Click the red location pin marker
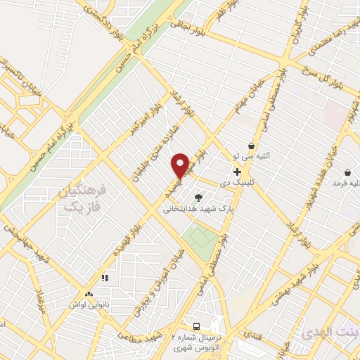click(180, 165)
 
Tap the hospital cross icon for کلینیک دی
click(237, 172)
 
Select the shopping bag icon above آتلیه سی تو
click(251, 146)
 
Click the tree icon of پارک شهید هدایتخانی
click(198, 198)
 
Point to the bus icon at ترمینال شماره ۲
click(197, 327)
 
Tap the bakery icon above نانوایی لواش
click(89, 295)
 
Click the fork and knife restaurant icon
click(105, 278)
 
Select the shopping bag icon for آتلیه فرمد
click(347, 172)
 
